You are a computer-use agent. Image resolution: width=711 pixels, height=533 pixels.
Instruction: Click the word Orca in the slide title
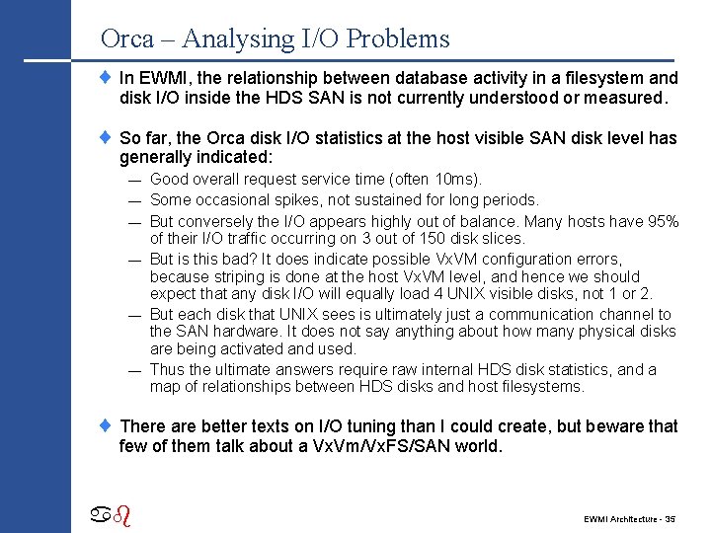tap(127, 39)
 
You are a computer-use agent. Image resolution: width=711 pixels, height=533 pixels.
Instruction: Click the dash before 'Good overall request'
tap(132, 180)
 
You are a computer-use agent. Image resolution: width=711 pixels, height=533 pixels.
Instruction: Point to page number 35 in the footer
tap(670, 518)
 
